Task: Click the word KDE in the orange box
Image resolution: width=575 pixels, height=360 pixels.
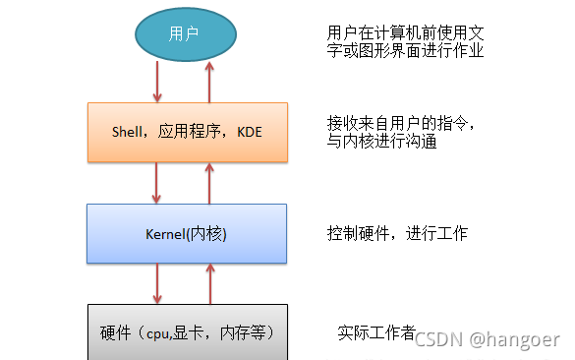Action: pyautogui.click(x=250, y=133)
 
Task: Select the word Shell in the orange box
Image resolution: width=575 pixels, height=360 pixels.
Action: pyautogui.click(x=130, y=133)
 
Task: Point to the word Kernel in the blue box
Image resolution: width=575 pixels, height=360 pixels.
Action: pyautogui.click(x=162, y=234)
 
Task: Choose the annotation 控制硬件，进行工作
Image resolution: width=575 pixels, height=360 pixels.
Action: pyautogui.click(x=397, y=234)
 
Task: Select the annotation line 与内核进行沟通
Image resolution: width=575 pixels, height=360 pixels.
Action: pyautogui.click(x=381, y=142)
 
